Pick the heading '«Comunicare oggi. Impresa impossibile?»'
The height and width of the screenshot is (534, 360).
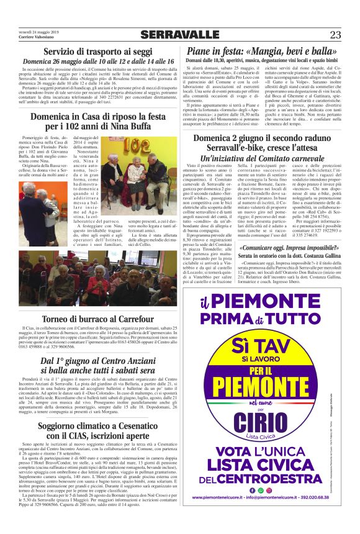267,247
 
